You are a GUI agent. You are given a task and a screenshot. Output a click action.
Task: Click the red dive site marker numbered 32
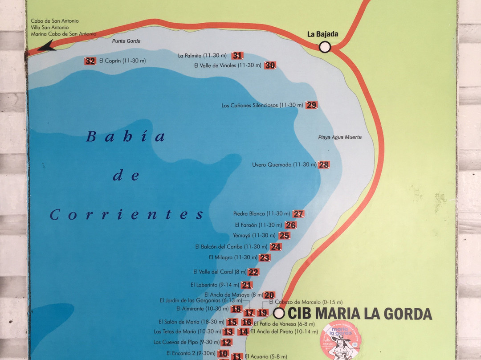coord(90,61)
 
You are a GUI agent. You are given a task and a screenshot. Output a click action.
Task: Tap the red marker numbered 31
coord(237,56)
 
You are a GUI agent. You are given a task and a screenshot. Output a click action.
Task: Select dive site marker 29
coord(311,105)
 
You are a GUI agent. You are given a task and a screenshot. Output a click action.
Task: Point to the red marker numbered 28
coord(324,165)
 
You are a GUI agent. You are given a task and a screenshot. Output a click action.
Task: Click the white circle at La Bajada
coord(325,46)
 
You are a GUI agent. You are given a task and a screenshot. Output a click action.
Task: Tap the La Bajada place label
coord(322,34)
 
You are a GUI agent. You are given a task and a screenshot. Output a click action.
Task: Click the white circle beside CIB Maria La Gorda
coord(279,313)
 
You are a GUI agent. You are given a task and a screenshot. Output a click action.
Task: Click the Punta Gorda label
coord(126,41)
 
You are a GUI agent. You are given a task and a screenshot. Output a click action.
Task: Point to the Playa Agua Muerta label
coord(340,137)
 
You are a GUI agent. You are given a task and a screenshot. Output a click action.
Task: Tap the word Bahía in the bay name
coord(126,137)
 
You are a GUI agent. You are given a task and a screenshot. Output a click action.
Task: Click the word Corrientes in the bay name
coord(126,215)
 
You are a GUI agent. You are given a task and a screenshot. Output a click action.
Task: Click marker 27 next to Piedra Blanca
coord(298,214)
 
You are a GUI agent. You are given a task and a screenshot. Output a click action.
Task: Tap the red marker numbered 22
coord(253,272)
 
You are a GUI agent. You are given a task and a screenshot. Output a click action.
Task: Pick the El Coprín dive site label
coord(122,61)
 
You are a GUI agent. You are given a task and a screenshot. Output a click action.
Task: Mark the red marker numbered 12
coord(226,342)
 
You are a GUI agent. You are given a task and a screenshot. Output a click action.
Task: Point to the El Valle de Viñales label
coord(227,65)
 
